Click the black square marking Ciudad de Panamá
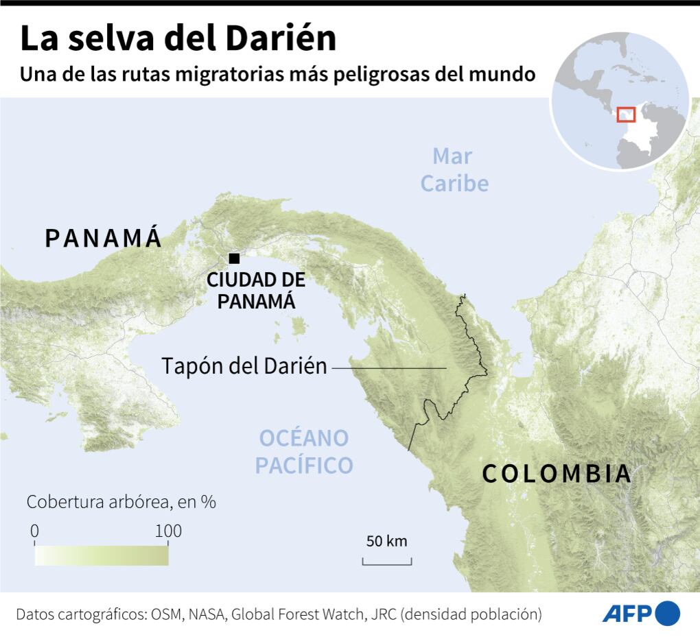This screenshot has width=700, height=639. coord(234,258)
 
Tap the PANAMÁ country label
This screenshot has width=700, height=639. coord(104,238)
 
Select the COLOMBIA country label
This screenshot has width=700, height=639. coord(556,474)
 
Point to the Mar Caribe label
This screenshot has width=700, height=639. coord(454,170)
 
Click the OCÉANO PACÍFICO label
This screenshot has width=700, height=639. coord(304,451)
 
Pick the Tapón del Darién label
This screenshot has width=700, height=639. coord(244,366)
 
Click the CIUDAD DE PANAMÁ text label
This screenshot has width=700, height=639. coord(256,290)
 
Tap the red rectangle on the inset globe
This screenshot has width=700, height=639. coord(626,114)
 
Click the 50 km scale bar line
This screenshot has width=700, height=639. coord(387,564)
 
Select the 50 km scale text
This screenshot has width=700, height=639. coord(386,541)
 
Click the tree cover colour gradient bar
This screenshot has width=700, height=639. coord(101,555)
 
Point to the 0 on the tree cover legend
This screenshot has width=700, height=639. coord(35,531)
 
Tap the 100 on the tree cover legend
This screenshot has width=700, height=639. coord(168,531)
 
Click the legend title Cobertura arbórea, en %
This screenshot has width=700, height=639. coord(121,502)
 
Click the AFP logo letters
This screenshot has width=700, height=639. coord(627,613)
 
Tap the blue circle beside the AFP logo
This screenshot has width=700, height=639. coord(667,612)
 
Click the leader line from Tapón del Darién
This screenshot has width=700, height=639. coord(389,368)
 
